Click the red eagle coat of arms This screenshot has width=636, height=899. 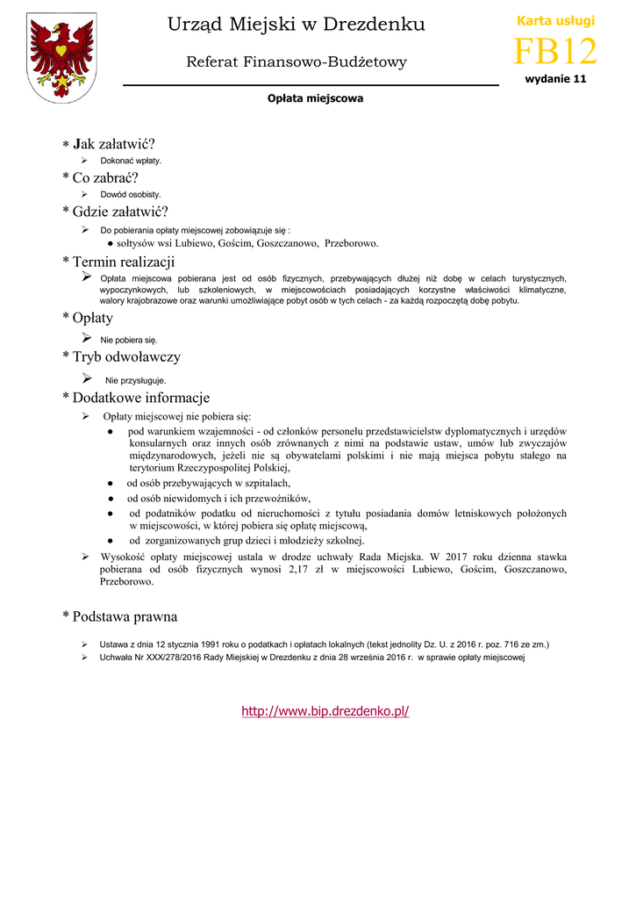tap(61, 58)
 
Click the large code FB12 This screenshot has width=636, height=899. tap(554, 53)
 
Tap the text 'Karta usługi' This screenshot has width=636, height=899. tap(555, 20)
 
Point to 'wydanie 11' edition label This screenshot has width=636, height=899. tap(555, 79)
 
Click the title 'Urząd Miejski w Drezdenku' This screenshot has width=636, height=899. tap(296, 25)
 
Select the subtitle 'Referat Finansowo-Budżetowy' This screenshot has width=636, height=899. tap(297, 61)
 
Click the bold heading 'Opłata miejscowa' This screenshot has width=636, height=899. tap(315, 98)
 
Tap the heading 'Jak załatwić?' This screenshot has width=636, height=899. tap(113, 144)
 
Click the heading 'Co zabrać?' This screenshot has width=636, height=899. tap(105, 177)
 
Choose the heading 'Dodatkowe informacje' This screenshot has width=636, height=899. tap(140, 398)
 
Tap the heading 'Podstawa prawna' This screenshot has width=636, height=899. tap(125, 616)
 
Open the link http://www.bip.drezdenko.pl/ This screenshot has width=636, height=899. tap(325, 711)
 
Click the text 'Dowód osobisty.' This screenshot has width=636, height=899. tap(131, 194)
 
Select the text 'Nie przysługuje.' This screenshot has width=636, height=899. tap(136, 381)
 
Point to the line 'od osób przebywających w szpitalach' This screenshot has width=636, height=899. tap(209, 483)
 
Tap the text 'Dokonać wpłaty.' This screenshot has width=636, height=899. tap(131, 162)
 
